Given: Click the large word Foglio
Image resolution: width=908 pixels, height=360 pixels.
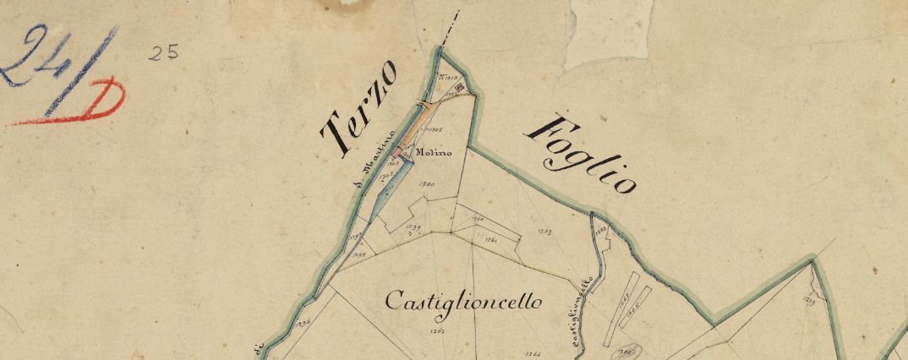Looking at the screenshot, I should tap(581, 155).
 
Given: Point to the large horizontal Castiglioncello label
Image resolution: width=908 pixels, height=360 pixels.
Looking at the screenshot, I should tap(463, 302).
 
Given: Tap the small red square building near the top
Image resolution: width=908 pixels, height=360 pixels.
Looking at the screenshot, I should tap(460, 87).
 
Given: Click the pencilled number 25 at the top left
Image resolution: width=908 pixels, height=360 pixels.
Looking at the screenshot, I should tap(163, 52).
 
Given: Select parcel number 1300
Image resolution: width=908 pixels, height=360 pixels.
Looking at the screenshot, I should tap(427, 184).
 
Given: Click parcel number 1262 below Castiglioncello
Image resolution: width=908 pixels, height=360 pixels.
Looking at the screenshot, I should tap(437, 331).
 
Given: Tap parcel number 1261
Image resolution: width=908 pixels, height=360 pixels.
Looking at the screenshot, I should tap(490, 241).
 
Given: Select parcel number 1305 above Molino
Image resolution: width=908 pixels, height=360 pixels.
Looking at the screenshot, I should tap(436, 130).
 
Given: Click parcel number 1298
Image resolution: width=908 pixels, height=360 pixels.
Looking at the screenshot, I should tap(358, 254).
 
